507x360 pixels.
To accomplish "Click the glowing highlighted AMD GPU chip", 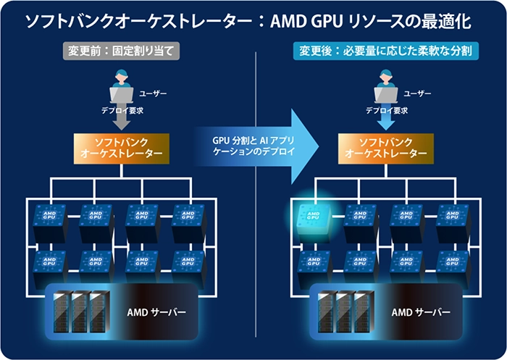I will pyautogui.click(x=314, y=216).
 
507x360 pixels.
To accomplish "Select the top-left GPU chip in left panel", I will pyautogui.click(x=49, y=217).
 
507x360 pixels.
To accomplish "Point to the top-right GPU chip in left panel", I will pyautogui.click(x=187, y=217).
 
